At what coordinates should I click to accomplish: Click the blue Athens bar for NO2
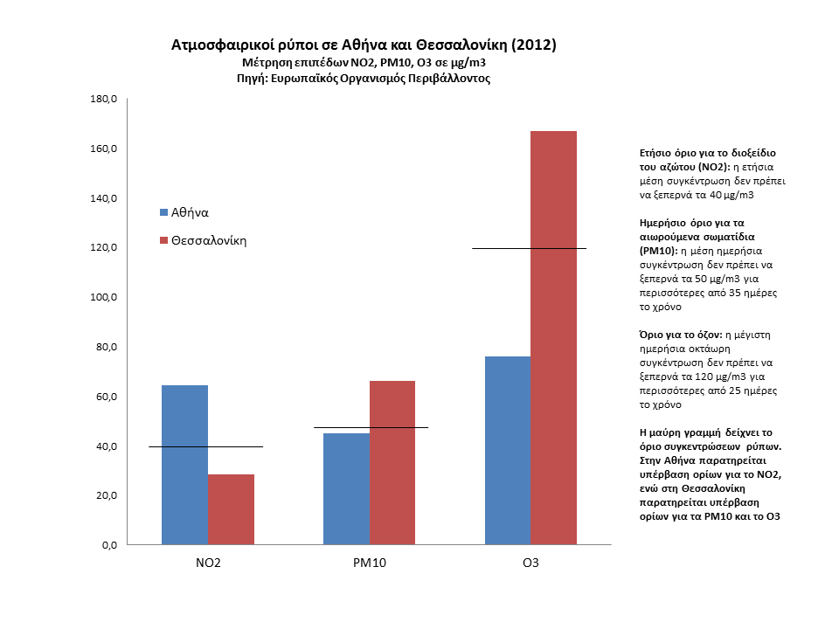coord(184,465)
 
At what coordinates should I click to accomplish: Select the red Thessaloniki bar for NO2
coord(231,509)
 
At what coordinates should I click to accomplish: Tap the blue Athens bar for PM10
coord(346,488)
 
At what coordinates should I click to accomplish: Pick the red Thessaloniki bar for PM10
coord(392,462)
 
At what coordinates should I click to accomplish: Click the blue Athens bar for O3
coord(507,450)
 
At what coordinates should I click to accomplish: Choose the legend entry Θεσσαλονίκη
coord(208,240)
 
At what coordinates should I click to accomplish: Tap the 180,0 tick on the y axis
coord(103,100)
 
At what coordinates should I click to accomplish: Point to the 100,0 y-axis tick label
coord(103,298)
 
